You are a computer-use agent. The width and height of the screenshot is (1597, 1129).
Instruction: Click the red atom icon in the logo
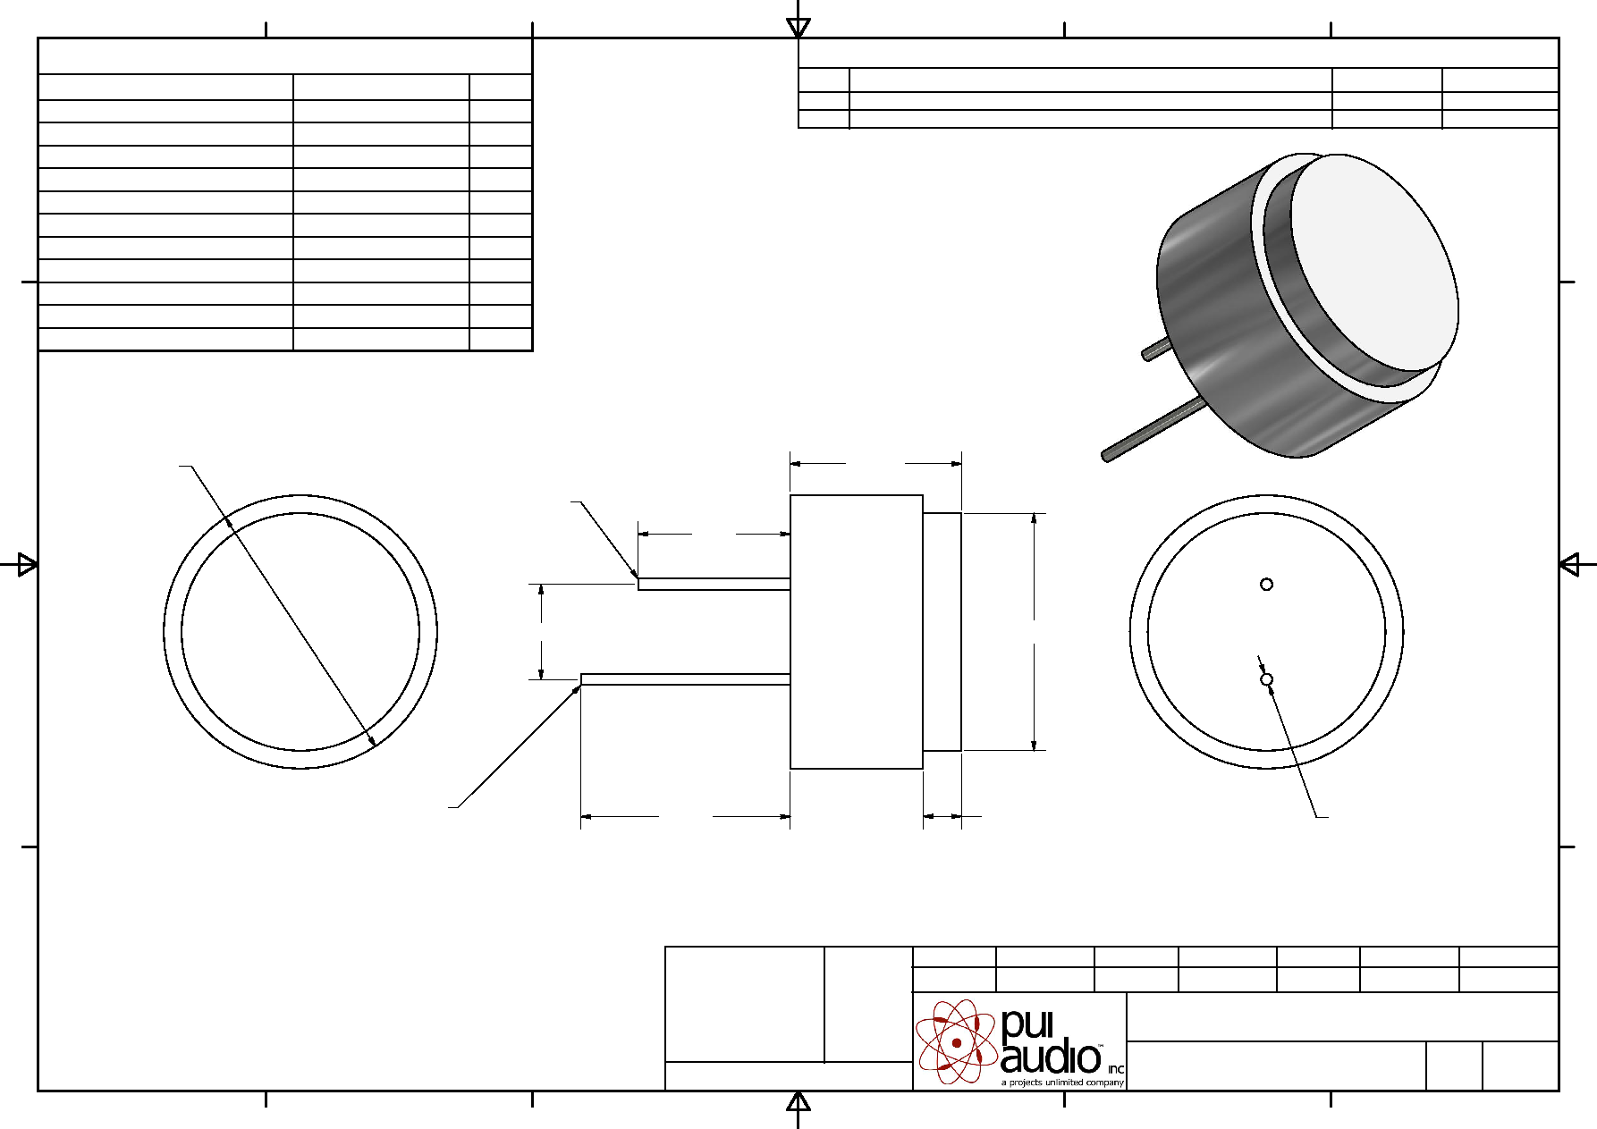(x=957, y=1041)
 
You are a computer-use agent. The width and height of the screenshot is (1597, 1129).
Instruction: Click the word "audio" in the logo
(x=1051, y=1057)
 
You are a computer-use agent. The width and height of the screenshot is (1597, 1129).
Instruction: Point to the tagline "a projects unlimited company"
(x=1062, y=1082)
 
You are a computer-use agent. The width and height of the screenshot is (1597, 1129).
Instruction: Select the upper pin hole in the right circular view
(x=1266, y=585)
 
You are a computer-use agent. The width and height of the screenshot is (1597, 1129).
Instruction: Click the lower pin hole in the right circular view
(x=1266, y=679)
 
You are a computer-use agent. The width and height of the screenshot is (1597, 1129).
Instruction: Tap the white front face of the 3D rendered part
(x=1374, y=261)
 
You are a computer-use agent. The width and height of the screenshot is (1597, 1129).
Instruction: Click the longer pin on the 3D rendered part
(x=1153, y=432)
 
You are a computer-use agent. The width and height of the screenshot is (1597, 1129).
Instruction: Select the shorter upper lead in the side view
(x=714, y=585)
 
